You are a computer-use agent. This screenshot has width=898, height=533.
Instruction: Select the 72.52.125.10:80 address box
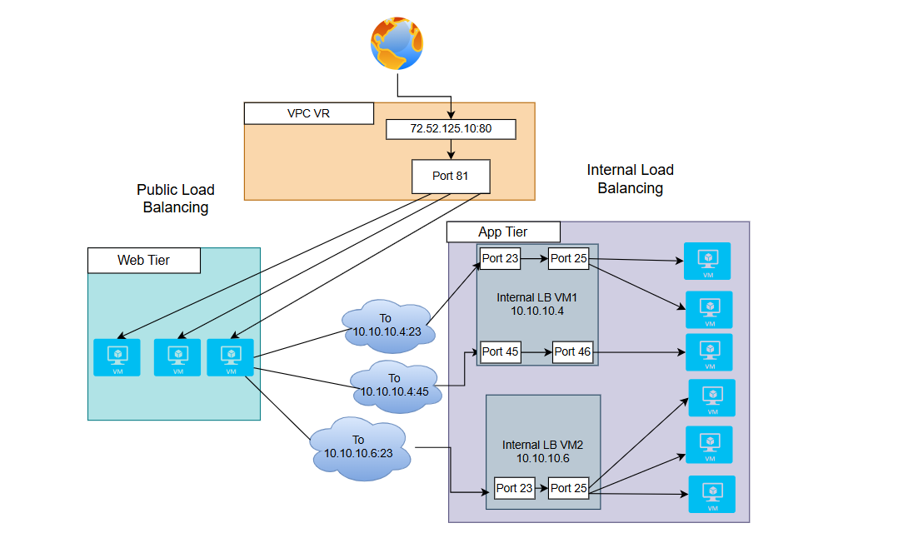451,129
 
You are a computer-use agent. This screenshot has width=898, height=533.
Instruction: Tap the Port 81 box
451,177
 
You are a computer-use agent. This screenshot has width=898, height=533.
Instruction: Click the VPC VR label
308,113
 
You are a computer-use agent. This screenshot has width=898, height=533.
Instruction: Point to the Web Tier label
143,261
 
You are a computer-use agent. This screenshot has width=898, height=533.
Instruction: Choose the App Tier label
503,232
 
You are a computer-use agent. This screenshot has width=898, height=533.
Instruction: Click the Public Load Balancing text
176,198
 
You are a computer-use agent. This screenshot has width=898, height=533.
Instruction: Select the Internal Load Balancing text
630,179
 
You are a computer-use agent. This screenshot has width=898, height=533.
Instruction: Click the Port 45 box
500,351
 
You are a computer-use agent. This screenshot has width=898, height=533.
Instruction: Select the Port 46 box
572,352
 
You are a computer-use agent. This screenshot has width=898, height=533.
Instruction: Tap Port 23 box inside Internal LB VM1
500,259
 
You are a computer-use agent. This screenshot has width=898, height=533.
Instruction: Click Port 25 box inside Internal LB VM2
569,488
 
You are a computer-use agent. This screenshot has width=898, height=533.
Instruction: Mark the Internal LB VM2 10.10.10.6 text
542,452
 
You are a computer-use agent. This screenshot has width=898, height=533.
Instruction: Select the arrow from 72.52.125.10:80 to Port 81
451,150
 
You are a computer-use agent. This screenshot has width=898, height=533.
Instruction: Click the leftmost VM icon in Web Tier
117,357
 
